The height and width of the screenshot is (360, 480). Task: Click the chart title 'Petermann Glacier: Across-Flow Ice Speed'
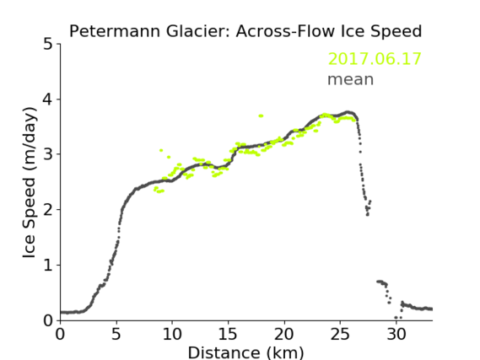point(245,31)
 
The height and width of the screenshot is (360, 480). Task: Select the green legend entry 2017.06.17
point(375,59)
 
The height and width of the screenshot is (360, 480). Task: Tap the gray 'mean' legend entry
point(351,79)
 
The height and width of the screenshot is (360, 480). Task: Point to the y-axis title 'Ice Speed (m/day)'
point(30,183)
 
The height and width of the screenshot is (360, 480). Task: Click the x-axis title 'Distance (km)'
point(245,352)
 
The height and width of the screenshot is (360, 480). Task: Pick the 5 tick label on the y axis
point(48,45)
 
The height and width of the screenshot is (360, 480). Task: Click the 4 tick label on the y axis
point(48,99)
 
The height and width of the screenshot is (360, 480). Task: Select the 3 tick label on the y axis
point(48,155)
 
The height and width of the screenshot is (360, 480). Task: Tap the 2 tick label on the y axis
point(48,210)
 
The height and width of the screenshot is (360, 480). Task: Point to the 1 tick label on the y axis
point(48,266)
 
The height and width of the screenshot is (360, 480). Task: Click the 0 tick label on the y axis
point(48,320)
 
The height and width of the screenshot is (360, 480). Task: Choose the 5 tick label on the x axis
point(116,334)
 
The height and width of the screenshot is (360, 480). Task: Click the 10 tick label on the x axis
point(172,334)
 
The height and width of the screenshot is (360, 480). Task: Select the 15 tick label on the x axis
point(228,334)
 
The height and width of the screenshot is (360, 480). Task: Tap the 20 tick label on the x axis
point(284,334)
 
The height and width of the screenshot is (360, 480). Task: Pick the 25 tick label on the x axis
point(340,334)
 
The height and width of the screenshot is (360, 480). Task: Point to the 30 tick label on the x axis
point(396,334)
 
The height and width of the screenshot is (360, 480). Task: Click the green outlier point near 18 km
point(261,116)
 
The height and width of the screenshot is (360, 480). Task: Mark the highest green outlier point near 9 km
point(161,150)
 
